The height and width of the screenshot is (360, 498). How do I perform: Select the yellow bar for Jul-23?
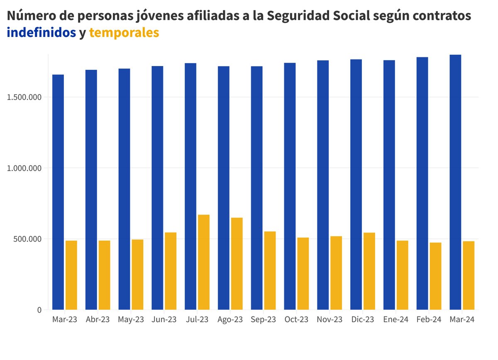point(204,262)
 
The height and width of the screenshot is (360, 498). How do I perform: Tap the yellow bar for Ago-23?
point(237,264)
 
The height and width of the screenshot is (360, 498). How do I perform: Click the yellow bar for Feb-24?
point(435,276)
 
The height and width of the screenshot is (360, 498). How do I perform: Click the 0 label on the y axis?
point(39,310)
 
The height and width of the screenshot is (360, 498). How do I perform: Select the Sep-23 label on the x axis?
point(264,320)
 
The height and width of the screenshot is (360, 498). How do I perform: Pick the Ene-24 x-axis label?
point(396,320)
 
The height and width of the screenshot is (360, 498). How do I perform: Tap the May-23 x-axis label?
point(131,320)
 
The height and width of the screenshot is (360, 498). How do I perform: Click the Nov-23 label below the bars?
point(330,320)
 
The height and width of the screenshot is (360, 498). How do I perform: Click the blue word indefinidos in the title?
point(41,32)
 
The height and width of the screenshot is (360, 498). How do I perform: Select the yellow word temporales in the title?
point(124,32)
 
